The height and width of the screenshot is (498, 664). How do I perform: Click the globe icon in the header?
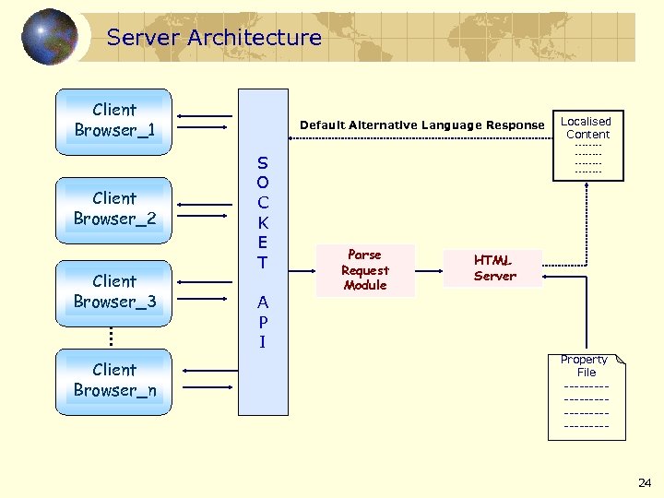[x=49, y=37]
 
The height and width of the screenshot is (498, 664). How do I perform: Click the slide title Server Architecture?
[x=214, y=38]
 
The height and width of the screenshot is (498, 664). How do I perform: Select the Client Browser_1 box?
[x=114, y=120]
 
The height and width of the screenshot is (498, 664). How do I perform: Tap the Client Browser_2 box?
[x=114, y=208]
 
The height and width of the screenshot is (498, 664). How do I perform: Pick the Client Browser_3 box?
[x=114, y=291]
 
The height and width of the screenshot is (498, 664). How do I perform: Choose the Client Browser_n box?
[x=114, y=380]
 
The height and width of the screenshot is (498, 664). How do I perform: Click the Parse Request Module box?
[x=365, y=270]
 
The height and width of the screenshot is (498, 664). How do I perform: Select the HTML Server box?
[x=494, y=268]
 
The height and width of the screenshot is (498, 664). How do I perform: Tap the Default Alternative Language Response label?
[x=422, y=125]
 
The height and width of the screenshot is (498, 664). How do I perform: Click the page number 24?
[x=645, y=482]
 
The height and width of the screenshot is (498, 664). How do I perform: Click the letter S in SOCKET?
[x=263, y=162]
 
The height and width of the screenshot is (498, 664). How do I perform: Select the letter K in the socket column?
[x=263, y=222]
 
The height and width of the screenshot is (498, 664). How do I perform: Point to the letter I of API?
[x=263, y=342]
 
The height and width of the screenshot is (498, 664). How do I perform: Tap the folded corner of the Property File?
[x=620, y=359]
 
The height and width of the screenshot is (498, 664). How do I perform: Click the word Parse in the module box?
[x=364, y=255]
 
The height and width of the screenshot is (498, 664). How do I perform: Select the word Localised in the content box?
[x=587, y=121]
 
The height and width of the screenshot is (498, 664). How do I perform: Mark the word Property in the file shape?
[x=584, y=360]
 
